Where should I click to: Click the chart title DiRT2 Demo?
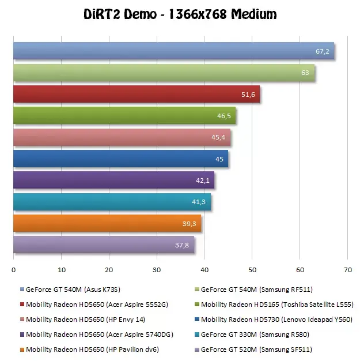(x=120, y=14)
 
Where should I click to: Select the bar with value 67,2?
(x=174, y=51)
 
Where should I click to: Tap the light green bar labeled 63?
(x=164, y=73)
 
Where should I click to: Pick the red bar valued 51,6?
(x=137, y=94)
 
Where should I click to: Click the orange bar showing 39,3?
(x=107, y=223)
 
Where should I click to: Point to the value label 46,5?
(x=224, y=116)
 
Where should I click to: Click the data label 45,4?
(x=218, y=137)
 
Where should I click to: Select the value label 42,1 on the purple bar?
(x=203, y=180)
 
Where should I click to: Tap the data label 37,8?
(x=182, y=245)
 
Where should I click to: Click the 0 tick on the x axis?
(x=14, y=270)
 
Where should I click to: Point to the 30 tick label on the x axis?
(x=157, y=270)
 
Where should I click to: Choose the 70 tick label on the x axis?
(x=348, y=270)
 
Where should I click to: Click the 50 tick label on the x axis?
(x=252, y=270)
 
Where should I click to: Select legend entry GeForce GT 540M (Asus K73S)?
(x=70, y=289)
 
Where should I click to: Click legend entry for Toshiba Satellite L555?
(x=274, y=304)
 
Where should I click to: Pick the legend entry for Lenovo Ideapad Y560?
(x=274, y=319)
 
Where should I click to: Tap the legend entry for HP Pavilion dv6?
(x=89, y=349)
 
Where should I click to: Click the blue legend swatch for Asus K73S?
(x=22, y=289)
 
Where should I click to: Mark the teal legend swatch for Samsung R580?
(x=196, y=334)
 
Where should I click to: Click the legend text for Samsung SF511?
(x=256, y=349)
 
